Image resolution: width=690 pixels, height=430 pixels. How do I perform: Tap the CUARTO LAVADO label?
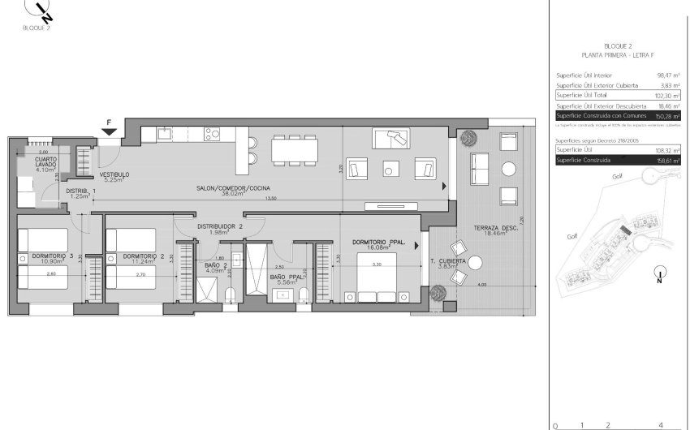pyautogui.click(x=45, y=165)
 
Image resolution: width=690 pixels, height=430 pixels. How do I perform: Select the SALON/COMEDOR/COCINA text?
pyautogui.click(x=232, y=189)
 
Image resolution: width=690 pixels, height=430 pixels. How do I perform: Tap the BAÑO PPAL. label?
pyautogui.click(x=288, y=277)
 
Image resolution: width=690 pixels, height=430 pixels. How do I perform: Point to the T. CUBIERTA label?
pyautogui.click(x=448, y=261)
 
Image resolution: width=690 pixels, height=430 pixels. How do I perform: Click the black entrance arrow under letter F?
pyautogui.click(x=108, y=131)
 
